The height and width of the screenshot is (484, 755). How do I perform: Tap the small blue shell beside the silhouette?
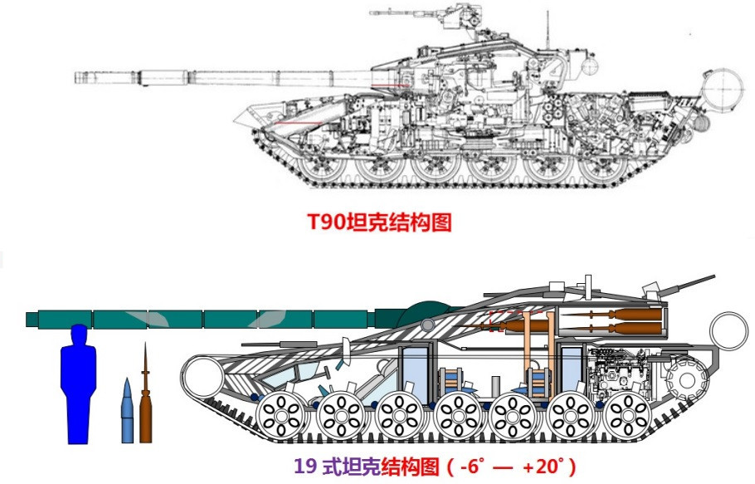tap(126, 410)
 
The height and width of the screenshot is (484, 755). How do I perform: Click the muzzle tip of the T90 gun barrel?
tap(76, 78)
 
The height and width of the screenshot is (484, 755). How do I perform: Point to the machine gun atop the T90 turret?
tap(398, 14)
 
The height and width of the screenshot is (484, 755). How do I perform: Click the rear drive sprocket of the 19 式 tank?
tap(685, 380)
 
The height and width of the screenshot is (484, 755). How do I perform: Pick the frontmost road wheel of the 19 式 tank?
tap(281, 414)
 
